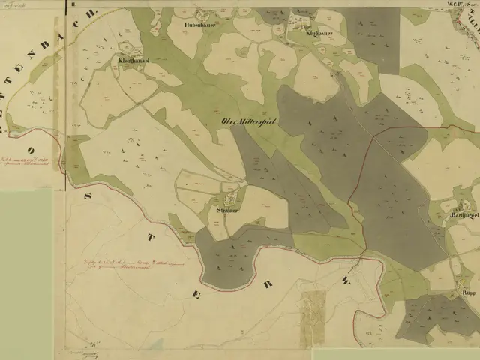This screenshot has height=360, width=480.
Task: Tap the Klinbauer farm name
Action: (x=319, y=34)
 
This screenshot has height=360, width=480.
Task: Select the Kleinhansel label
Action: (x=133, y=59)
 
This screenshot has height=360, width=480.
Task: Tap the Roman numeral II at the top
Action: (x=73, y=4)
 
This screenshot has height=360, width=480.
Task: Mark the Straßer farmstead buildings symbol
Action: (x=231, y=199)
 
